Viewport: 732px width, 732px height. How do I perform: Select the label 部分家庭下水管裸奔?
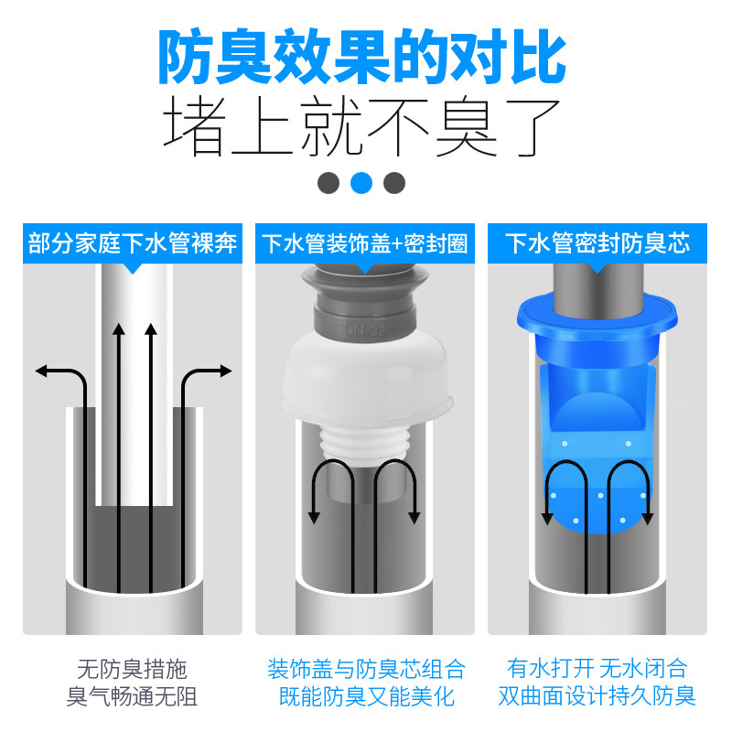[133, 244]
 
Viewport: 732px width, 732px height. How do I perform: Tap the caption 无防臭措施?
[133, 669]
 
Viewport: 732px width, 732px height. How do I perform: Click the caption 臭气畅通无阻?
[133, 697]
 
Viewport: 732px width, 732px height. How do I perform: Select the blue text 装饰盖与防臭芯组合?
[365, 669]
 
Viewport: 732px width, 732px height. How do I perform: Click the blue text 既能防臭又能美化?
[365, 697]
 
